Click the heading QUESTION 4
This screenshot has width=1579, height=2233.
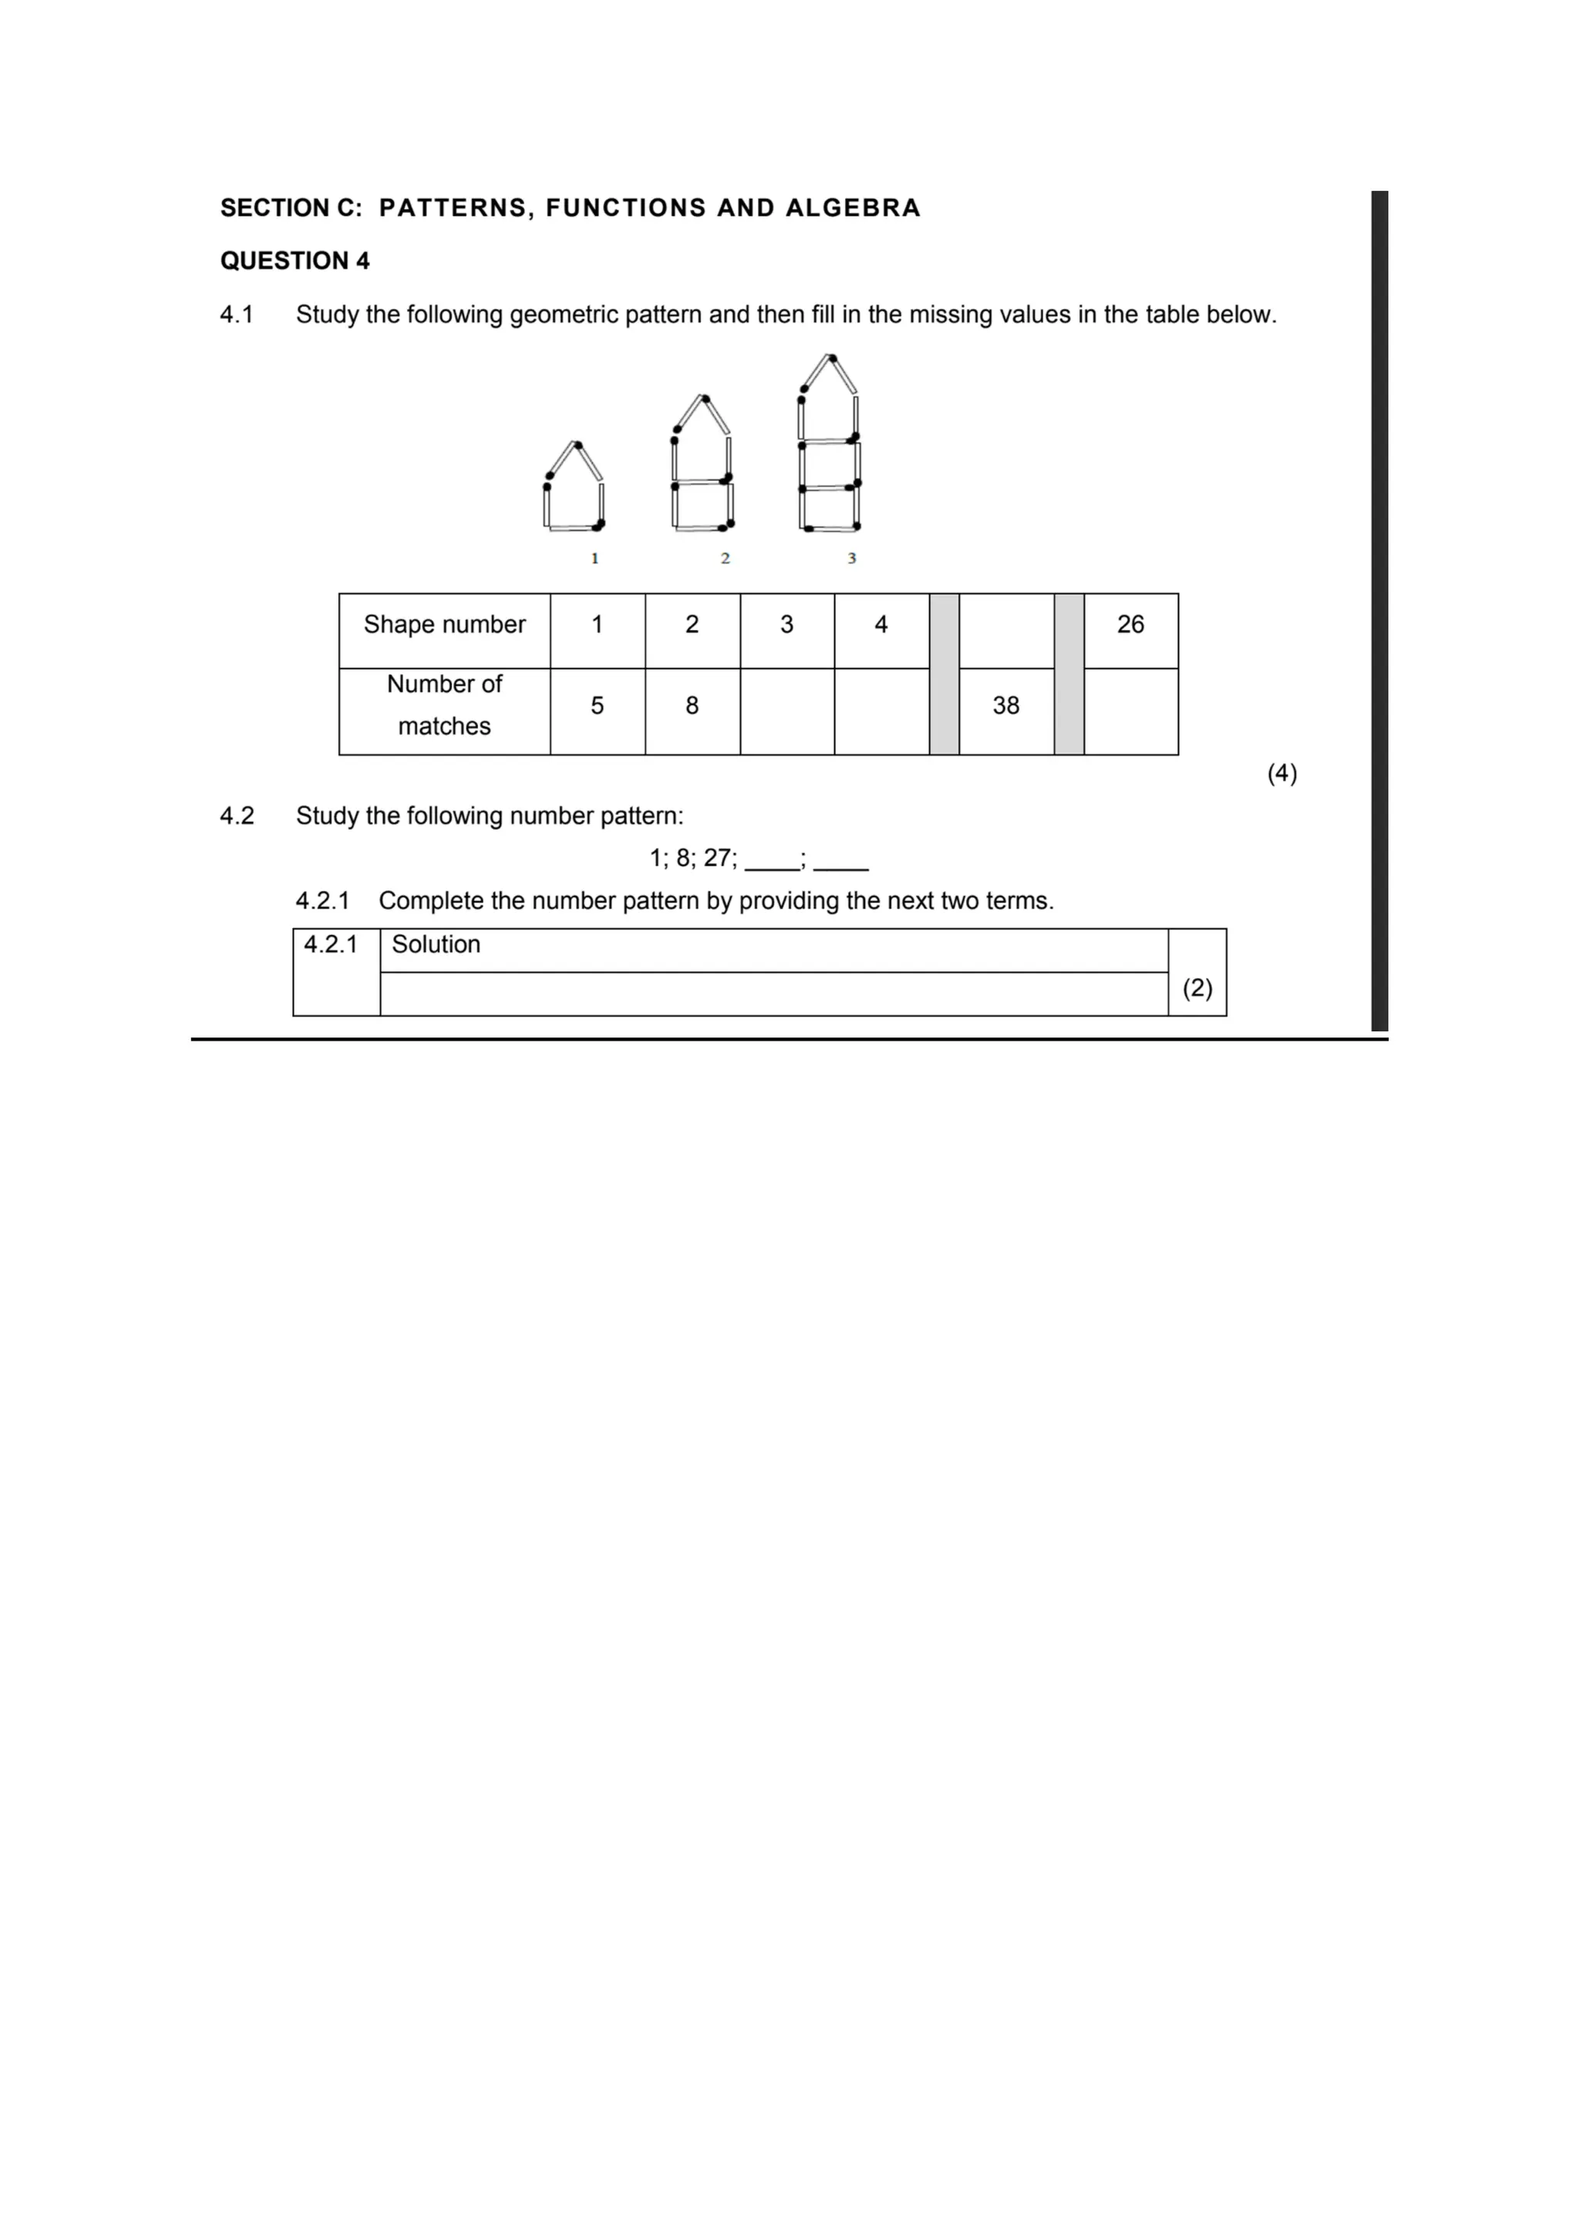click(295, 261)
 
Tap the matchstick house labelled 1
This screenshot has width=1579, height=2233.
click(574, 488)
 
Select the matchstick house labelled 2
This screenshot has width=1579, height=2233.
click(702, 466)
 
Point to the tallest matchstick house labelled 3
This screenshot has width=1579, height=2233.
click(830, 446)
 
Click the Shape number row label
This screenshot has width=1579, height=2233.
click(445, 624)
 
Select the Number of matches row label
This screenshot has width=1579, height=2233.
click(445, 705)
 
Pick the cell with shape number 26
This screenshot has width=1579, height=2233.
click(1130, 624)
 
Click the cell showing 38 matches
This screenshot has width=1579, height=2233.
click(1006, 706)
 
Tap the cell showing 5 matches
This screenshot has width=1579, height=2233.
click(598, 706)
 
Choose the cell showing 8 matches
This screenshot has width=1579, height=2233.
click(692, 706)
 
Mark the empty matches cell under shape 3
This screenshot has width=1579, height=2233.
click(787, 711)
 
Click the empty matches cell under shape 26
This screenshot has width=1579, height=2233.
click(1130, 711)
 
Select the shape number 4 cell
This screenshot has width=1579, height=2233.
click(881, 624)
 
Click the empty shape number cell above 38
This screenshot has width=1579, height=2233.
click(1006, 631)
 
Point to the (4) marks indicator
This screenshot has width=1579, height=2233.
click(1281, 773)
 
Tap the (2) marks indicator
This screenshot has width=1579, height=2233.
click(1197, 988)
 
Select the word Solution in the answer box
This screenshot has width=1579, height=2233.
click(436, 944)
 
